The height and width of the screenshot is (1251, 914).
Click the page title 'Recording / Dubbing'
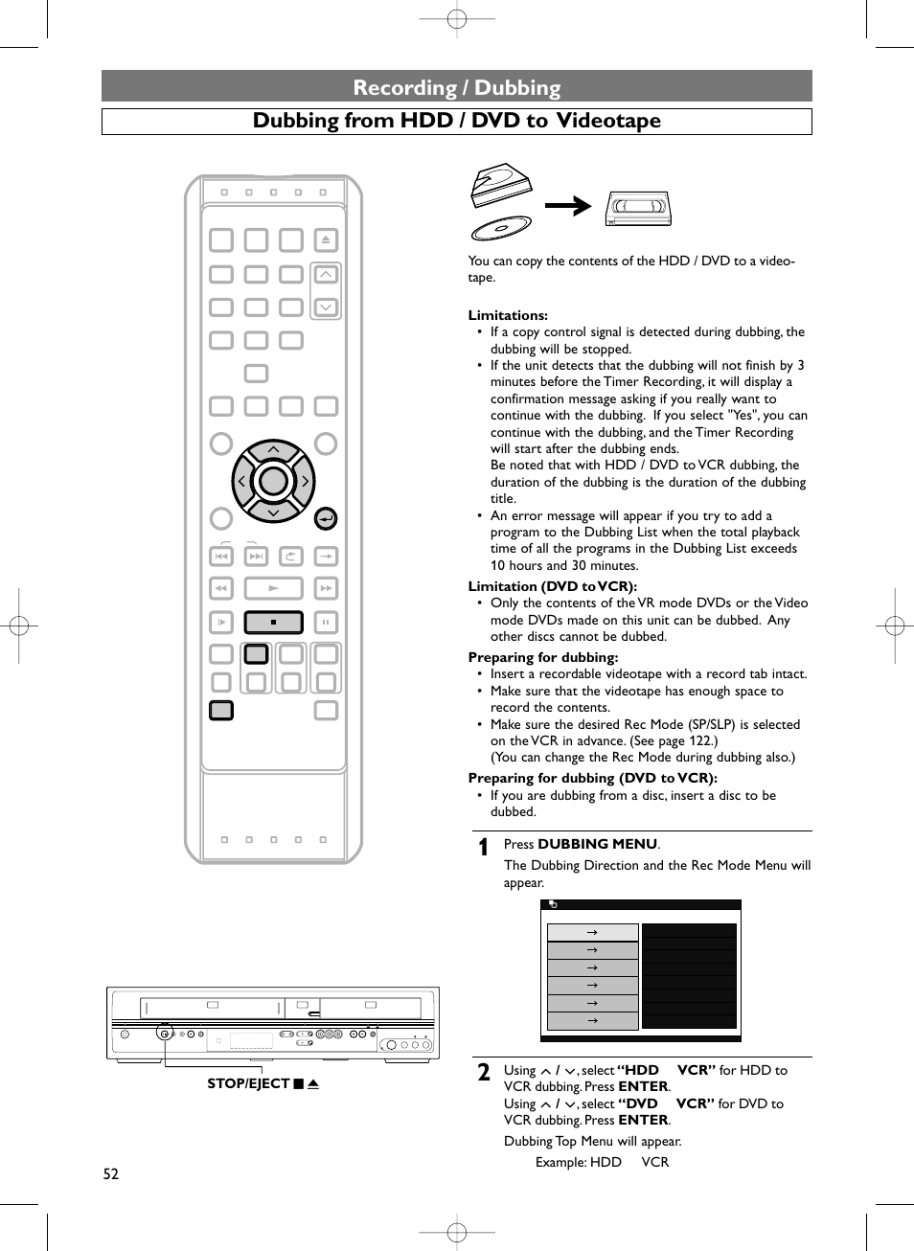457,87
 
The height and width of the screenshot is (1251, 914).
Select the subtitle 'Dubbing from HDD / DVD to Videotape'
457,121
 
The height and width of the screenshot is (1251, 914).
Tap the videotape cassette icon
639,208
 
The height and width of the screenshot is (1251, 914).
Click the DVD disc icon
501,228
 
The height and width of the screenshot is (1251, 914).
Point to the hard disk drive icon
500,184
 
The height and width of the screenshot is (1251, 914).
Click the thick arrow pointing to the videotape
568,206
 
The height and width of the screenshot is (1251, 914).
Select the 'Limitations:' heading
508,315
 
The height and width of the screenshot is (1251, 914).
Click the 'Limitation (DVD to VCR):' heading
552,586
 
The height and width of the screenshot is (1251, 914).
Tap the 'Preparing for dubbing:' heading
542,657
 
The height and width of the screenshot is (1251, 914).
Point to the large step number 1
484,847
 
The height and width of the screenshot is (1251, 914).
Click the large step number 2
484,1073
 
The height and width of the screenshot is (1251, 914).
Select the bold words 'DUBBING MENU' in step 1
597,844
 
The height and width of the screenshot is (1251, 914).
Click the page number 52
111,1174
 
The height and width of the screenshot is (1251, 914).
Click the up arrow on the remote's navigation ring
274,449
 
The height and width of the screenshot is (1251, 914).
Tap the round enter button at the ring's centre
274,481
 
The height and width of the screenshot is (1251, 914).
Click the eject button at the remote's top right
326,239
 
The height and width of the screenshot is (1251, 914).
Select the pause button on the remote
326,623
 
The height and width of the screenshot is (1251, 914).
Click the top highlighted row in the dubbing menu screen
592,932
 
